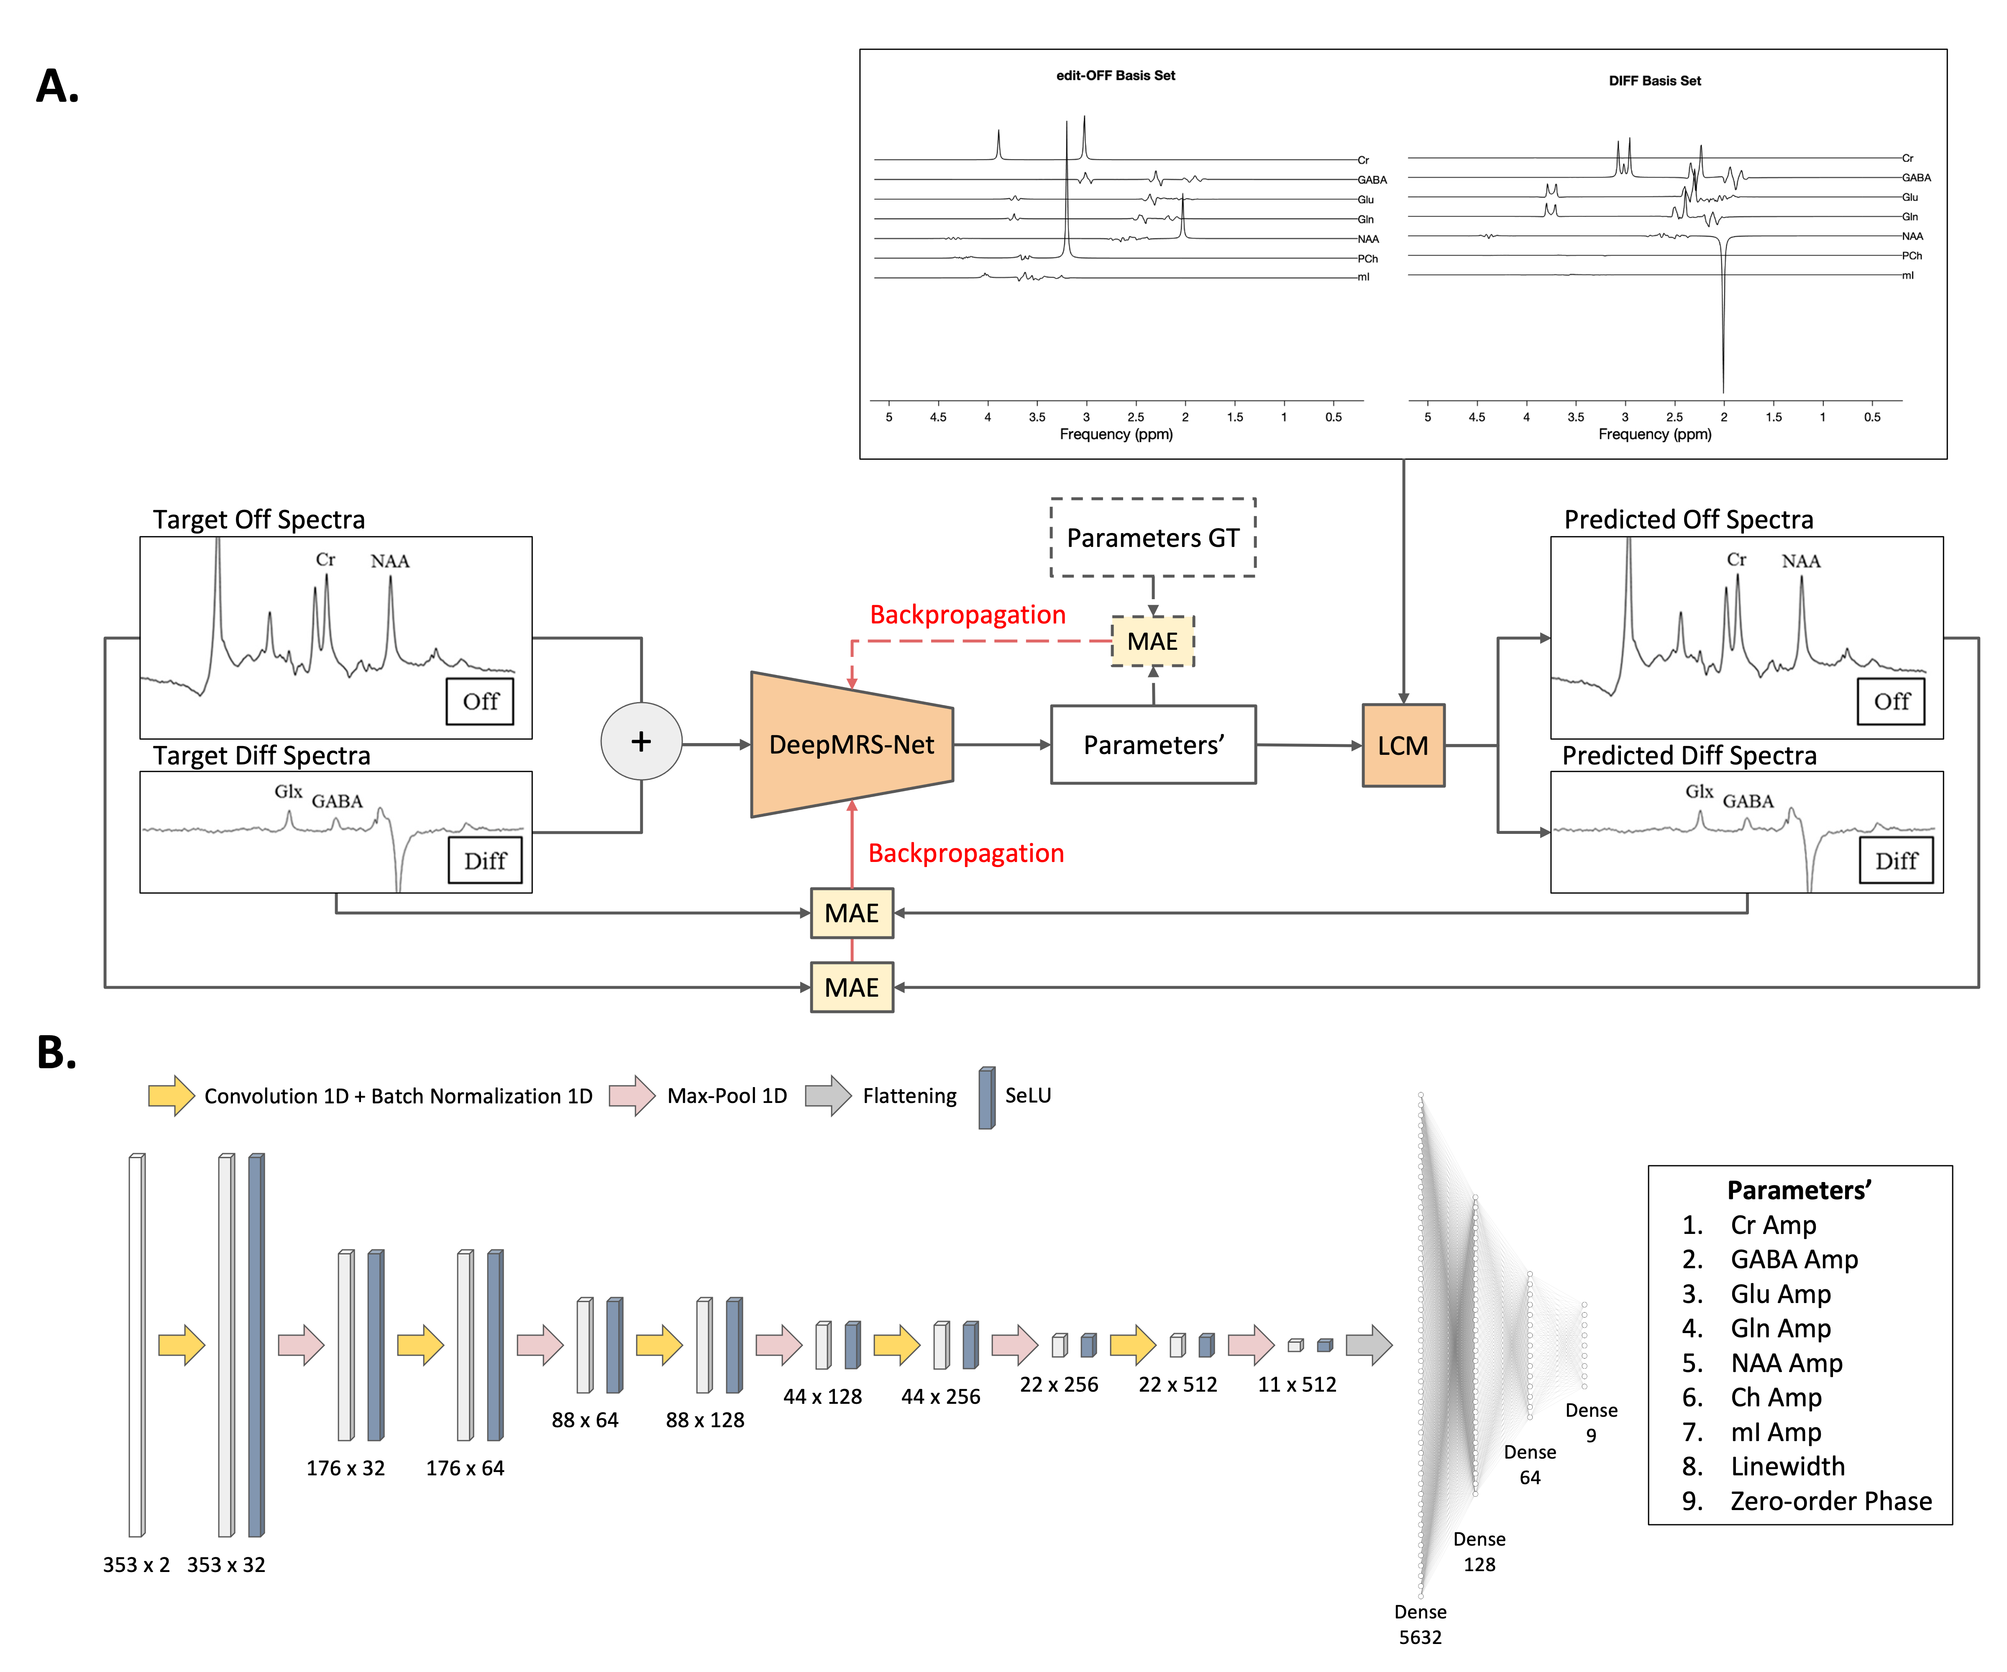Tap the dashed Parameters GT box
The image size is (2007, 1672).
tap(1152, 538)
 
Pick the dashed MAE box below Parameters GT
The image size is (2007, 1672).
tap(1152, 641)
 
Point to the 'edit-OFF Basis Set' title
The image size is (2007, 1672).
tap(1115, 75)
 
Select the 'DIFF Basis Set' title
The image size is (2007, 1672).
tap(1654, 81)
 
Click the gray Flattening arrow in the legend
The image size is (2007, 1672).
tap(828, 1095)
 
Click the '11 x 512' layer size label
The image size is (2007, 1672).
tap(1297, 1384)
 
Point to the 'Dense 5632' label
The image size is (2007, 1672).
tap(1420, 1624)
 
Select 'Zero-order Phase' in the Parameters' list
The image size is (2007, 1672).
tap(1830, 1501)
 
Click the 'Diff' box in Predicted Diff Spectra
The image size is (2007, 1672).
tap(1896, 860)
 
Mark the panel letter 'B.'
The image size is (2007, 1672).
tap(56, 1052)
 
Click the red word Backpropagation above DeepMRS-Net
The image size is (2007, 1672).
tap(967, 615)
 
